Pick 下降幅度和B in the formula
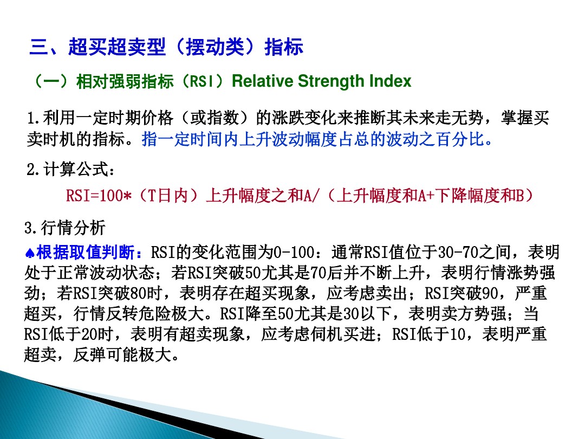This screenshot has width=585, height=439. point(476,196)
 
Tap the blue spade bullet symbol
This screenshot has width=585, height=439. point(30,253)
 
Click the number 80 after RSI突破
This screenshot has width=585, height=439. point(139,294)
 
